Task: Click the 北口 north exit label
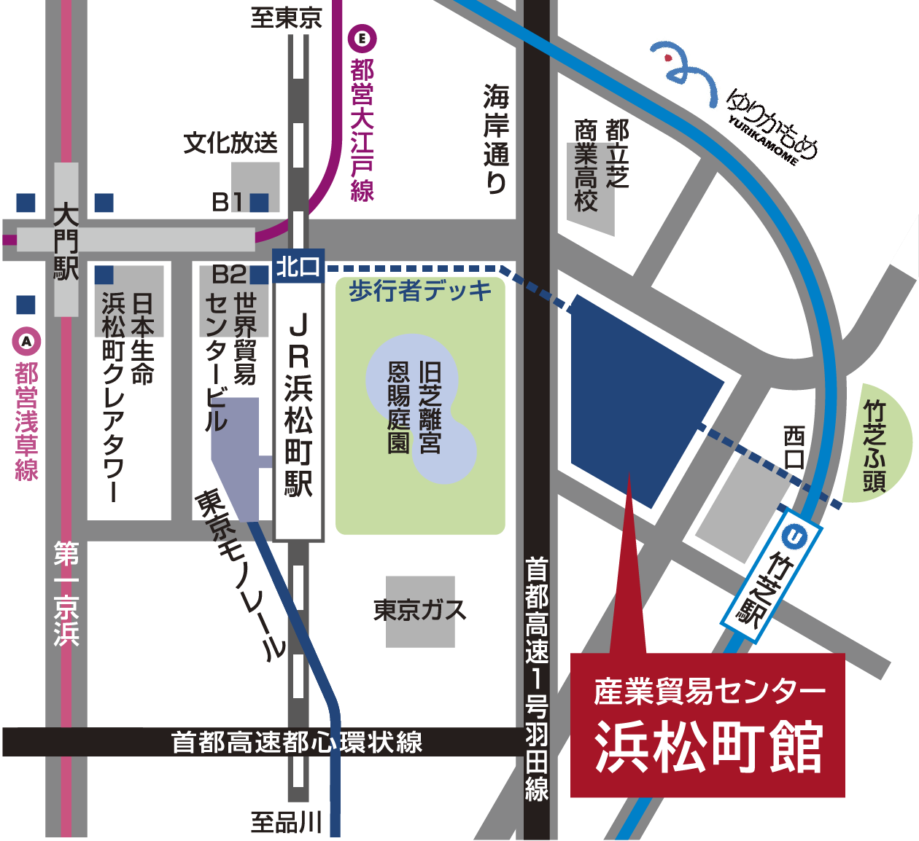pos(298,267)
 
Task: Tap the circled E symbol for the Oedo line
pos(362,38)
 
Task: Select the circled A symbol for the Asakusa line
pos(27,341)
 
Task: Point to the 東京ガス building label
pos(419,610)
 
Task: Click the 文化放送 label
pos(230,143)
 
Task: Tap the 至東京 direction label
pos(286,17)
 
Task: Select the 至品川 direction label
pos(286,822)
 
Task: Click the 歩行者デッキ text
pos(421,291)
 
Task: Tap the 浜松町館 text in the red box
pos(708,748)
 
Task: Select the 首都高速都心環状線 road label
pos(296,742)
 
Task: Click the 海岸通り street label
pos(496,139)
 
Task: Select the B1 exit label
pos(228,202)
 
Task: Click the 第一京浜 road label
pos(66,594)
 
